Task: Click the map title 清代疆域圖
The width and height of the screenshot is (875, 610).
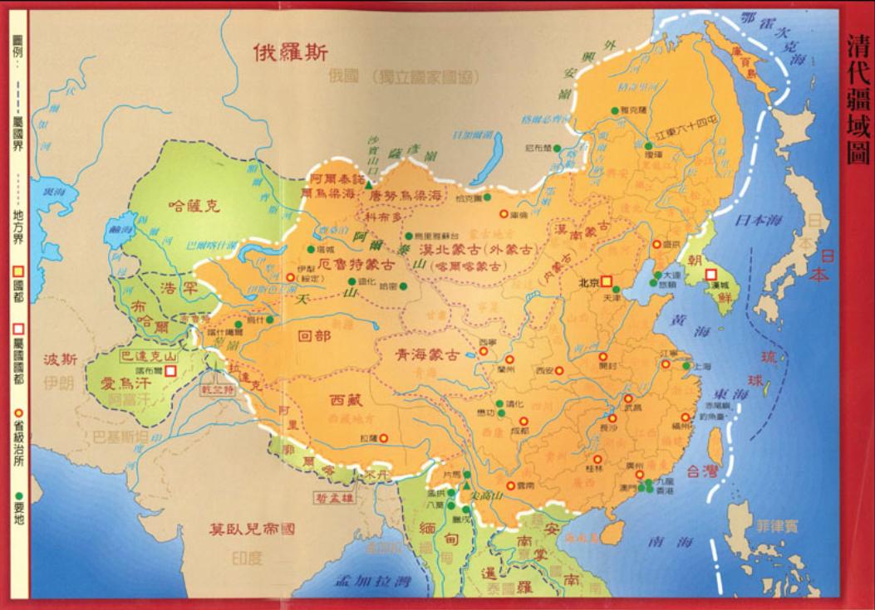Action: pos(855,100)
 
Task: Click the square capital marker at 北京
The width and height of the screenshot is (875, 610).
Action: pos(607,282)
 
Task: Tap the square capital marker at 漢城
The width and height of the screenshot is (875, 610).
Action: pos(711,275)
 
